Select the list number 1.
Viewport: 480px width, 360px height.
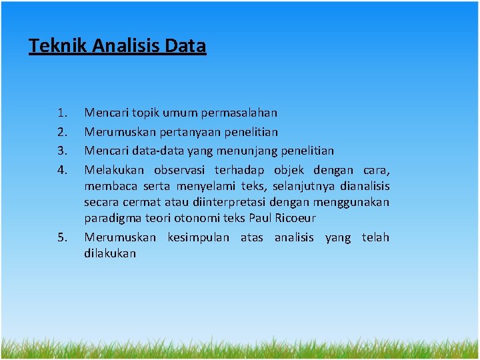(x=63, y=113)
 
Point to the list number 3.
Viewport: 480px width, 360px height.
(x=63, y=151)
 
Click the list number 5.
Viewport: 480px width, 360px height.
(x=63, y=237)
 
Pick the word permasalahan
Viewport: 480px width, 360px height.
(x=239, y=113)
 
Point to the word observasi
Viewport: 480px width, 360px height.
(x=183, y=169)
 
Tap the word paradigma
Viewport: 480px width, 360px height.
(x=110, y=218)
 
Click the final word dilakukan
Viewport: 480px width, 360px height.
(x=110, y=253)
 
